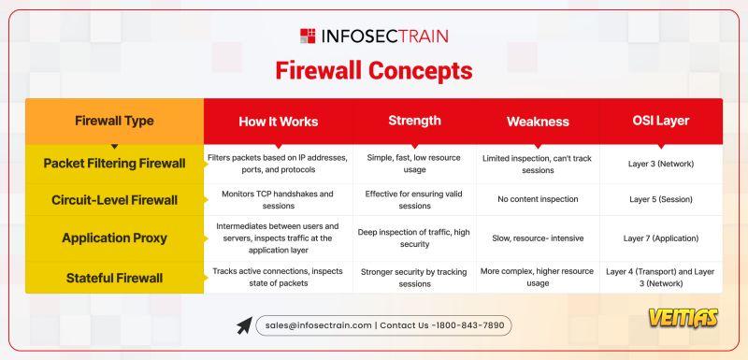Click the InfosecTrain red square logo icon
point(308,36)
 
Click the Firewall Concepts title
point(374,71)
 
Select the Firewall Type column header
point(114,121)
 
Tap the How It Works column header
point(278,122)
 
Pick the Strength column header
point(414,121)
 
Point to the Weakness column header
point(538,122)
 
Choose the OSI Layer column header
point(661,121)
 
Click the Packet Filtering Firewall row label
point(114,164)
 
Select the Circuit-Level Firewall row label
point(114,200)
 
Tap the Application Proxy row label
point(114,238)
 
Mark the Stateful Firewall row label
point(114,278)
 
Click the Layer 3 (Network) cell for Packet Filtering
point(661,164)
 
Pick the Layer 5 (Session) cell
point(661,200)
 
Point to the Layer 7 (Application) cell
point(661,238)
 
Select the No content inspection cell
point(538,199)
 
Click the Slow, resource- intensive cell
point(538,238)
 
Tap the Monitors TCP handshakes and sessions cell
point(278,200)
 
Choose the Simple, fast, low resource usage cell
point(414,163)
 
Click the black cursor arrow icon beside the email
point(244,325)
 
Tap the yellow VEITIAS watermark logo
point(683,318)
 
